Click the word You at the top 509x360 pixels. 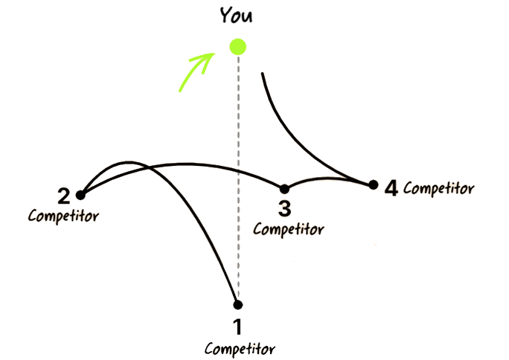pyautogui.click(x=237, y=13)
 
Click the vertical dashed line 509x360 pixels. pyautogui.click(x=238, y=149)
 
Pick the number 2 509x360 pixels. pyautogui.click(x=64, y=196)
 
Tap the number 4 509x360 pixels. pyautogui.click(x=391, y=187)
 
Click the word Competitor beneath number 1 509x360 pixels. pyautogui.click(x=240, y=347)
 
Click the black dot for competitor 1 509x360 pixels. pyautogui.click(x=237, y=304)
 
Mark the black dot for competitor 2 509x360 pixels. pyautogui.click(x=80, y=196)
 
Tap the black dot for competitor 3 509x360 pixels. pyautogui.click(x=283, y=188)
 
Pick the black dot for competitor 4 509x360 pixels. pyautogui.click(x=374, y=184)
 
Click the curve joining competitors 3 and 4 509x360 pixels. pyautogui.click(x=327, y=178)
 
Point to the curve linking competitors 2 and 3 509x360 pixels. pyautogui.click(x=186, y=166)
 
